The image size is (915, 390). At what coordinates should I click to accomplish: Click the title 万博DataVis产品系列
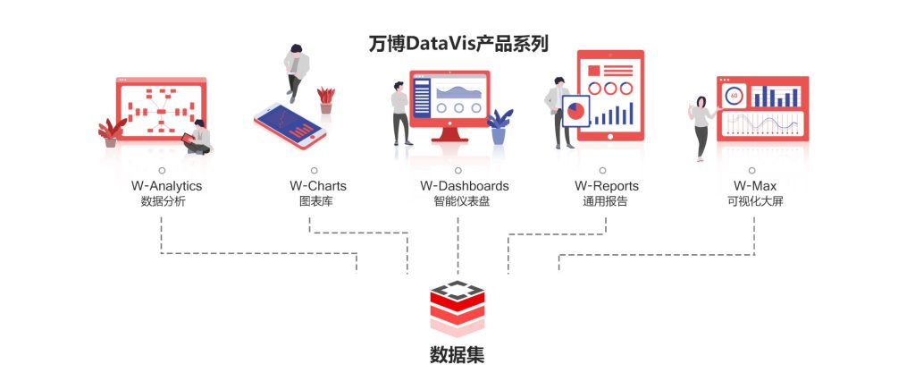(458, 44)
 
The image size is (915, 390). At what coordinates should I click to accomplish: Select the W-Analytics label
(166, 186)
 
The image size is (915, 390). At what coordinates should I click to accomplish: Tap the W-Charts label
(318, 186)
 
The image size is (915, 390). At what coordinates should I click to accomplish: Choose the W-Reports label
(607, 186)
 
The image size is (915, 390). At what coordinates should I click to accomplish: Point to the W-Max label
(755, 186)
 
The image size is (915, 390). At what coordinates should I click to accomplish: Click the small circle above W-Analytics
(162, 171)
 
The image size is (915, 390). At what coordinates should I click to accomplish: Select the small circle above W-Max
(752, 171)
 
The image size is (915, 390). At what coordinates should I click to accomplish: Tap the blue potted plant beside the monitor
(499, 127)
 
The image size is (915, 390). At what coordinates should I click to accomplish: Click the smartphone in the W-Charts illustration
(290, 126)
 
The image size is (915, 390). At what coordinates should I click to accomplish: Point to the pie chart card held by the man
(576, 111)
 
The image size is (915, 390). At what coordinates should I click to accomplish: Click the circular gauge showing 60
(734, 95)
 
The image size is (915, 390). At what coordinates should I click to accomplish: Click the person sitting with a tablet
(197, 138)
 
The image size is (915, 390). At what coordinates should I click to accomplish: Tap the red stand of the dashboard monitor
(450, 135)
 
